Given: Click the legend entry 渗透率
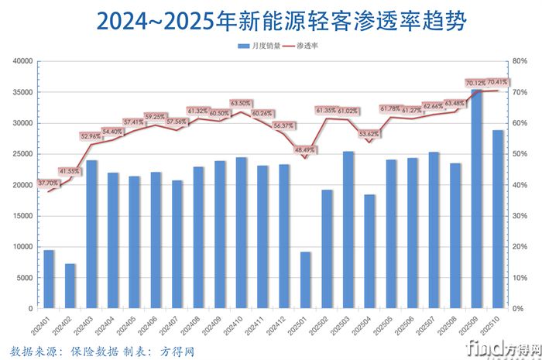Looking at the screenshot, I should (x=306, y=46).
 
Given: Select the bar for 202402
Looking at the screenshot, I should (x=70, y=286).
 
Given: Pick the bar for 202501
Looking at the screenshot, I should (x=306, y=279).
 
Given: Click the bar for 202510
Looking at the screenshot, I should (x=499, y=219).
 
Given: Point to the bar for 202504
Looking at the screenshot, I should (x=369, y=251).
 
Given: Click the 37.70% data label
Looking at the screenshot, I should (x=48, y=183).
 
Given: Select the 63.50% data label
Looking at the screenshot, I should (x=241, y=103).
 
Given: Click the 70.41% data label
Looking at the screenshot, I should (x=497, y=82).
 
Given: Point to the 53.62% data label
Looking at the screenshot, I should (x=369, y=134).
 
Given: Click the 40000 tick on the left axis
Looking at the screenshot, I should (x=22, y=61).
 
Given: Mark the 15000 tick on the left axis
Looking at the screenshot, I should (x=22, y=216).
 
